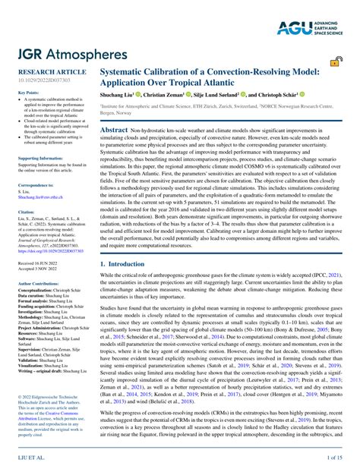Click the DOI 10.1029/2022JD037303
(40, 79)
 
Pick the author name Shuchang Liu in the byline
(116, 96)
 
